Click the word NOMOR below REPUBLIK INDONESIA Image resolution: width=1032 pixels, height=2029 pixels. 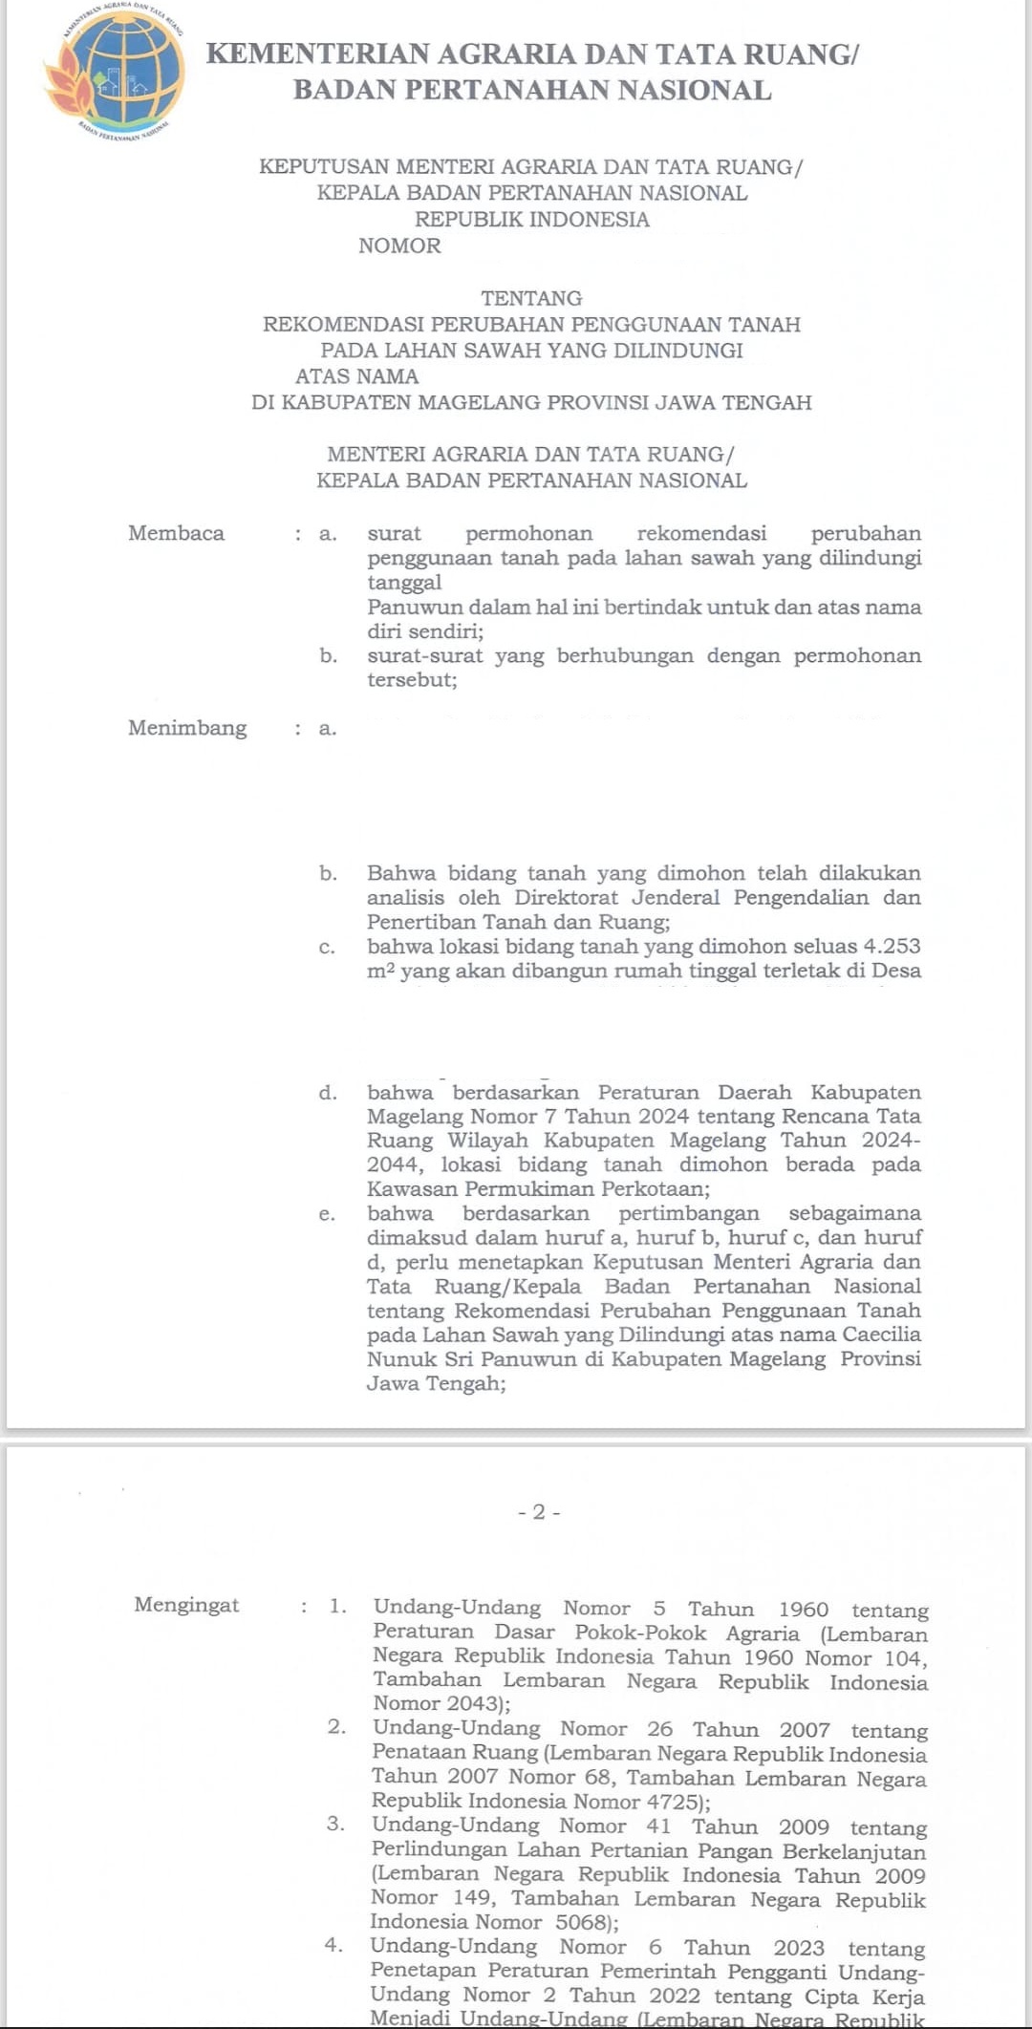pyautogui.click(x=399, y=246)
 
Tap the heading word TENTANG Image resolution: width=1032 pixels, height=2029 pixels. pyautogui.click(x=531, y=298)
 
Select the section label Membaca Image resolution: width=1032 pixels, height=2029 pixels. pyautogui.click(x=176, y=533)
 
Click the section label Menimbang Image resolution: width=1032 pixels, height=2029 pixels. pyautogui.click(x=187, y=728)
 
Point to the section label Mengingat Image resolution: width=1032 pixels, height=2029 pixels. pyautogui.click(x=186, y=1604)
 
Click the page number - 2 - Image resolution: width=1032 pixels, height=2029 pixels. pyautogui.click(x=539, y=1511)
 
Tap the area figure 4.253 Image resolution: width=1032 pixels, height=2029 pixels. pyautogui.click(x=892, y=946)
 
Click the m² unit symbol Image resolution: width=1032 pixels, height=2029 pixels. pyautogui.click(x=380, y=971)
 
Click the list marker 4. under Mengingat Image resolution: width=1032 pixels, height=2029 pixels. pyautogui.click(x=333, y=1945)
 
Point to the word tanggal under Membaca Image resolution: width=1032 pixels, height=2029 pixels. pyautogui.click(x=404, y=583)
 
